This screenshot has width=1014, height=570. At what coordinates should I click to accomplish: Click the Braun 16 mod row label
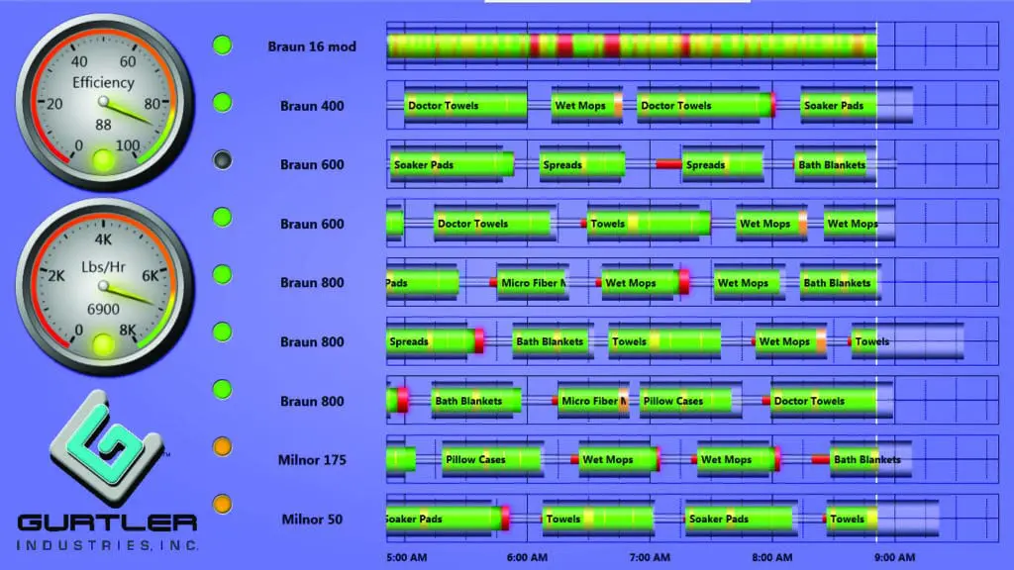312,47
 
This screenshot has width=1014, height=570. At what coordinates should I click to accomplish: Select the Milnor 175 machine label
312,460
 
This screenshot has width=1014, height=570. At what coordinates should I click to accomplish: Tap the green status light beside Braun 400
223,103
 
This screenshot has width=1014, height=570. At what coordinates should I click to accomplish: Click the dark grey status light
223,161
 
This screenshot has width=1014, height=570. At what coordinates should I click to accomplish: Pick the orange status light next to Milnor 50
223,505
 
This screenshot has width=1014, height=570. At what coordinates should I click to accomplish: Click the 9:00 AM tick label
895,557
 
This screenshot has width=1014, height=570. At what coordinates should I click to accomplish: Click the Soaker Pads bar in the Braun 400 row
835,106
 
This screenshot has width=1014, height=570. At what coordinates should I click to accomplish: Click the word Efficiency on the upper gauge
103,83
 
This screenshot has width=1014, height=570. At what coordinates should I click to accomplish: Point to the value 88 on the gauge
103,125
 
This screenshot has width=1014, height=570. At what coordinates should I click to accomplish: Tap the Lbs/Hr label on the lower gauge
103,268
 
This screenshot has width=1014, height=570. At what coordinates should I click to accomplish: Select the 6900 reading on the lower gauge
103,310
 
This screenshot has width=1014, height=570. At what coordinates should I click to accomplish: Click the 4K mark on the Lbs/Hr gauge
103,238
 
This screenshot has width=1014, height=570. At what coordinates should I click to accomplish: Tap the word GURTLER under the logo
107,522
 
